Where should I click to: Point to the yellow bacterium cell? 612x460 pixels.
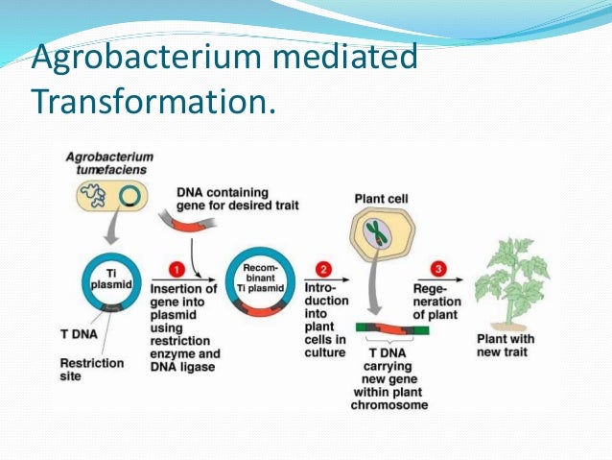tap(107, 198)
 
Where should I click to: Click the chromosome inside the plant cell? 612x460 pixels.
tap(379, 235)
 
